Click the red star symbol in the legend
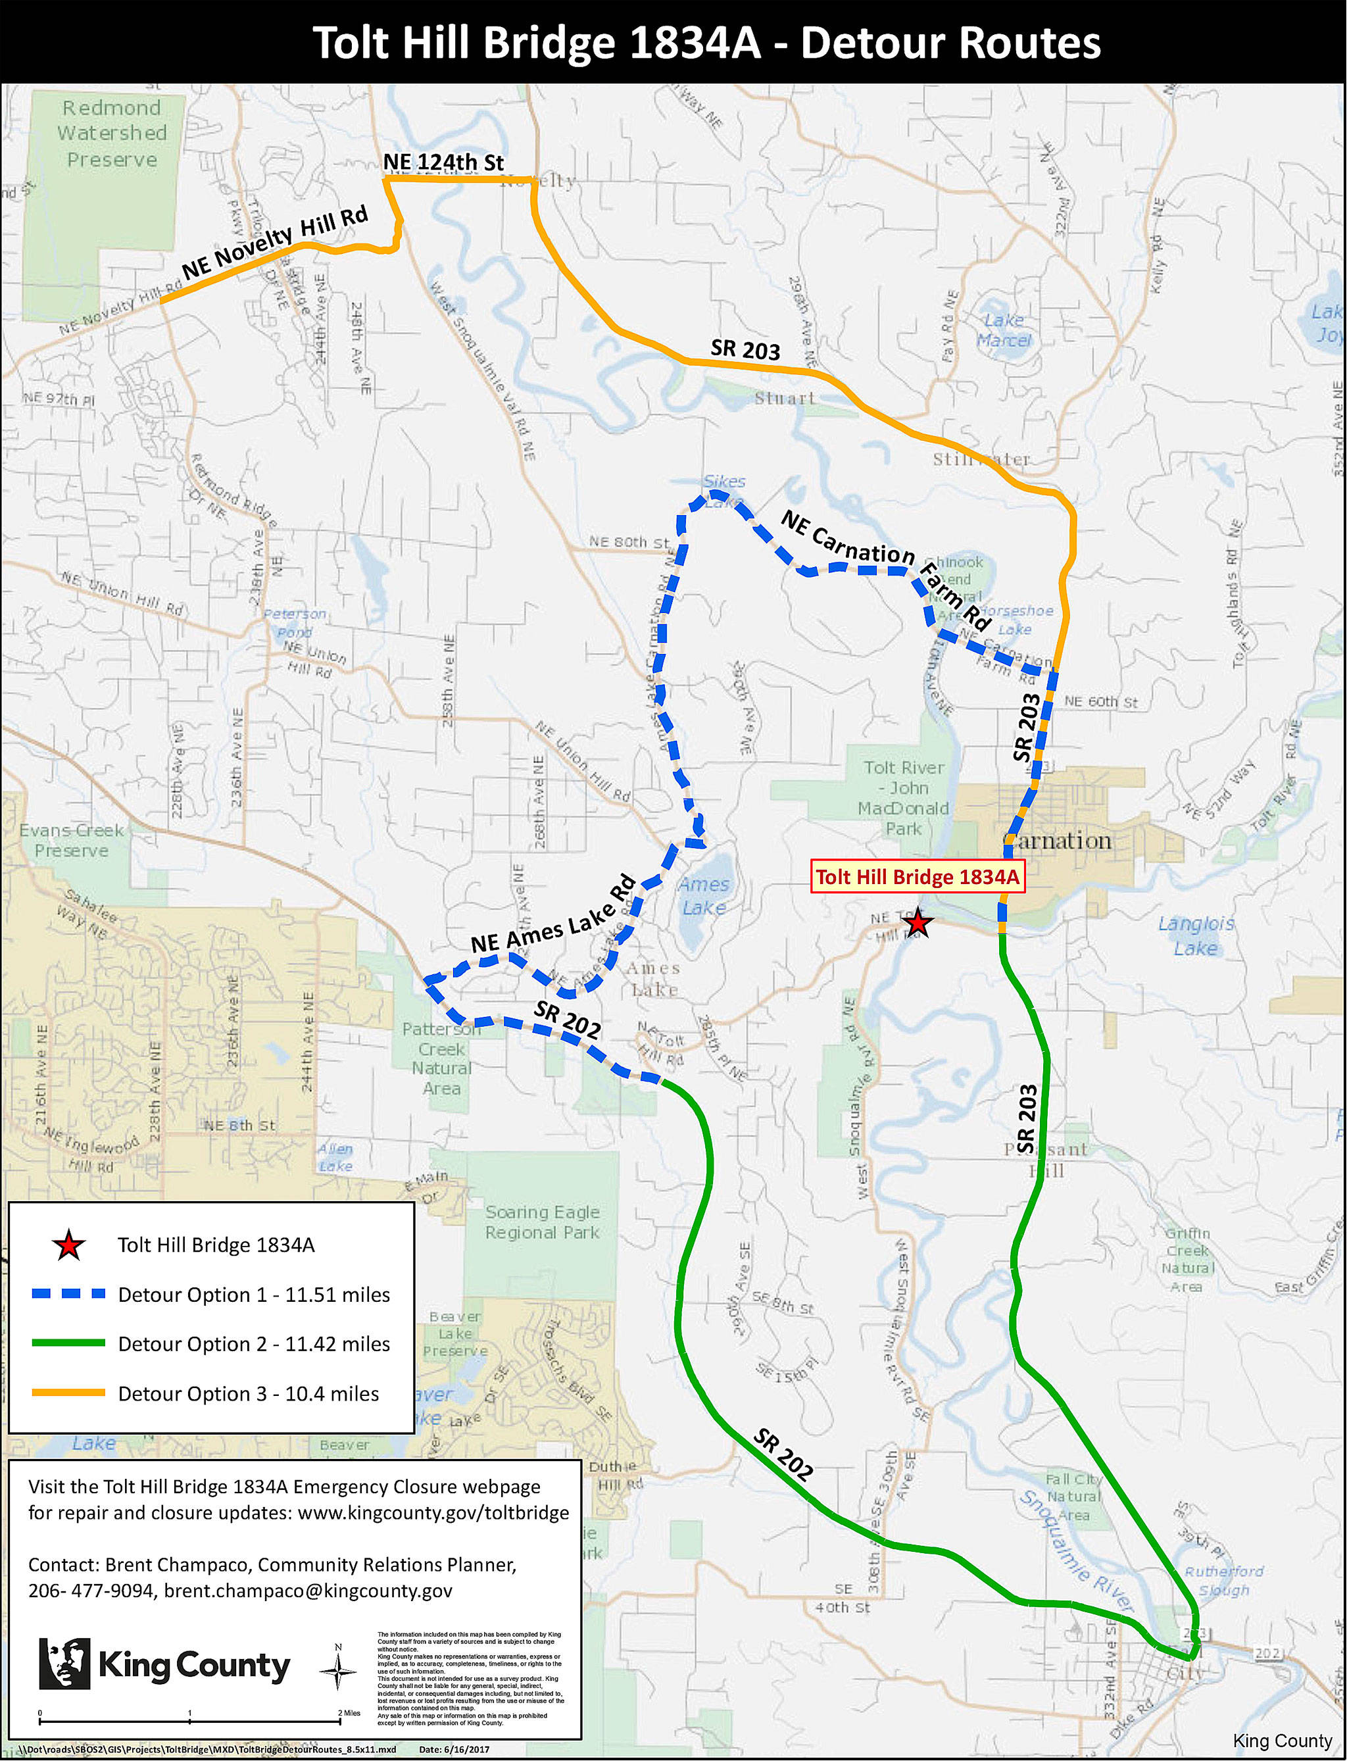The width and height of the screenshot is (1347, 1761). (x=68, y=1245)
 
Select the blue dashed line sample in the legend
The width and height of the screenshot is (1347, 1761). (x=68, y=1295)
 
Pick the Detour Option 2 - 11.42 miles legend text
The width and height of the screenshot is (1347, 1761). (x=253, y=1343)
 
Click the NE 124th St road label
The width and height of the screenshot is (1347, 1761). (x=443, y=162)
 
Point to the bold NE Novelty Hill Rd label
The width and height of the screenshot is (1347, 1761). (x=274, y=242)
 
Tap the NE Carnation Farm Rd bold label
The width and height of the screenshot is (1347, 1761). (x=885, y=568)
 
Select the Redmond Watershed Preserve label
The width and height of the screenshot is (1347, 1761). (x=111, y=133)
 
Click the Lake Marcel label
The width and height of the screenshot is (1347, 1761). (x=1003, y=330)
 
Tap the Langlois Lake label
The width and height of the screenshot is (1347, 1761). (x=1196, y=935)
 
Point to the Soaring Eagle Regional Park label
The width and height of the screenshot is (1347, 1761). (x=542, y=1222)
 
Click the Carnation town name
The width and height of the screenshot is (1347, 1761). (x=1058, y=841)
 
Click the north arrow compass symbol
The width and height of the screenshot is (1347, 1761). (x=337, y=1671)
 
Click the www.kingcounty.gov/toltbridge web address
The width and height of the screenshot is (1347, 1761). (x=433, y=1512)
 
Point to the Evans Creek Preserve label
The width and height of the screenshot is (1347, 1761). (x=70, y=839)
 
